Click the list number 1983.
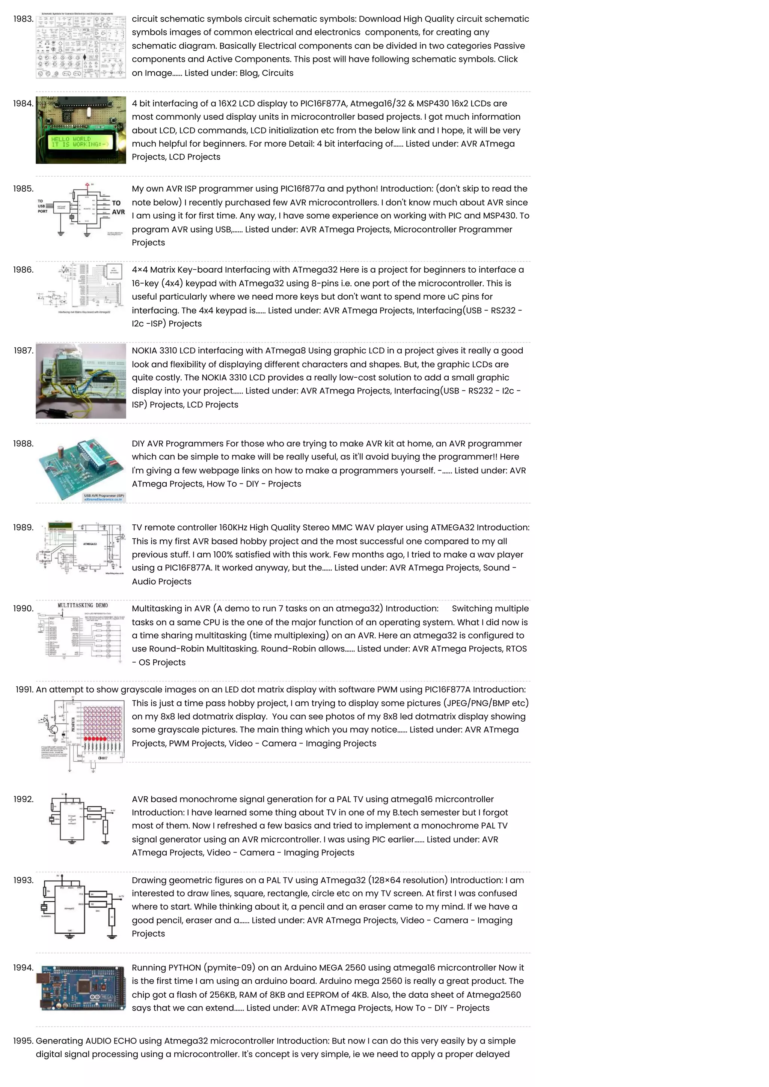(x=23, y=19)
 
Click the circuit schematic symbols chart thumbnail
(x=81, y=46)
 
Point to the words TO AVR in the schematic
(x=118, y=207)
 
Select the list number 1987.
(x=23, y=351)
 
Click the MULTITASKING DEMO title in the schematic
(x=83, y=605)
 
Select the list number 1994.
(x=23, y=968)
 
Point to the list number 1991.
(x=24, y=690)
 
